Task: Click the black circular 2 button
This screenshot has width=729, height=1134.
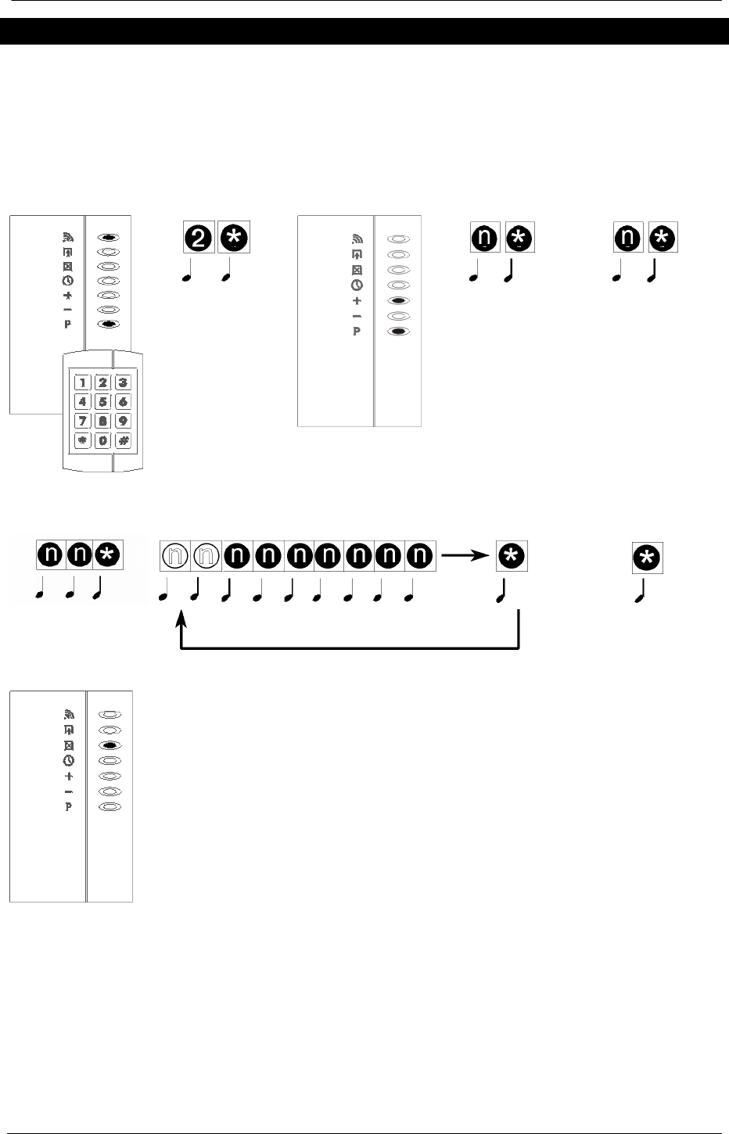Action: click(x=199, y=238)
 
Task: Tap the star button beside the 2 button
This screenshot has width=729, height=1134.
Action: click(x=234, y=238)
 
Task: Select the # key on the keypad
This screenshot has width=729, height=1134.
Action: click(x=123, y=440)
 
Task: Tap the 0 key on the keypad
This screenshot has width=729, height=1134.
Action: click(x=103, y=440)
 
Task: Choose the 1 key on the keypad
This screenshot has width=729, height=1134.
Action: click(x=82, y=382)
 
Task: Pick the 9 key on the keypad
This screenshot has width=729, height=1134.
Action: click(x=123, y=421)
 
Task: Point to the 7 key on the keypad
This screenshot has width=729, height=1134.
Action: click(x=82, y=421)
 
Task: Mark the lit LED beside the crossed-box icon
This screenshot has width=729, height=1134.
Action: click(x=111, y=745)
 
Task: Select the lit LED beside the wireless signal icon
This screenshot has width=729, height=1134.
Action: click(x=111, y=235)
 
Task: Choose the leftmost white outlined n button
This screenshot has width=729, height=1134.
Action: click(x=175, y=555)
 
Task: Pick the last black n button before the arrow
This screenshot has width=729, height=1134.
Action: click(x=420, y=555)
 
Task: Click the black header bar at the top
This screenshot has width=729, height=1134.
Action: click(x=364, y=32)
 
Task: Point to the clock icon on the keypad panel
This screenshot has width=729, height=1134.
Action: click(x=68, y=280)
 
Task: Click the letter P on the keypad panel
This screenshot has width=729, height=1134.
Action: click(x=68, y=324)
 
